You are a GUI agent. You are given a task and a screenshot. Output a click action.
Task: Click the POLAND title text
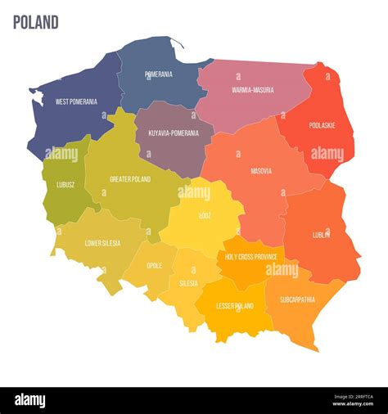pyautogui.click(x=35, y=22)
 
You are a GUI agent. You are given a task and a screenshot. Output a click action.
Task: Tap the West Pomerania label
pyautogui.click(x=76, y=102)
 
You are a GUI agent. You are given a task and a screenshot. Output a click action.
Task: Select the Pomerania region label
pyautogui.click(x=158, y=74)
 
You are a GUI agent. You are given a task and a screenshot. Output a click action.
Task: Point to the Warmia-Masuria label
pyautogui.click(x=253, y=90)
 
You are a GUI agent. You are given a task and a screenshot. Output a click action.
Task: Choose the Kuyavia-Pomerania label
pyautogui.click(x=174, y=132)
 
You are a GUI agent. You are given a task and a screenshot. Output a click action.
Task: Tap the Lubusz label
pyautogui.click(x=66, y=185)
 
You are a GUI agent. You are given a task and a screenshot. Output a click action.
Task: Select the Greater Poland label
pyautogui.click(x=131, y=178)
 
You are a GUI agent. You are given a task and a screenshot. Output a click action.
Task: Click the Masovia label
pyautogui.click(x=261, y=171)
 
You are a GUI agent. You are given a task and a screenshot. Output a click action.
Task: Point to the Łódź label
pyautogui.click(x=204, y=215)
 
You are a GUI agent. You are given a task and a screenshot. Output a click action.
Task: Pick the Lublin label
pyautogui.click(x=321, y=234)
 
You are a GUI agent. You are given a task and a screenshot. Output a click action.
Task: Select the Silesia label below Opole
pyautogui.click(x=189, y=283)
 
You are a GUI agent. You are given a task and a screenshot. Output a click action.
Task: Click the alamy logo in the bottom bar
pyautogui.click(x=29, y=400)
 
